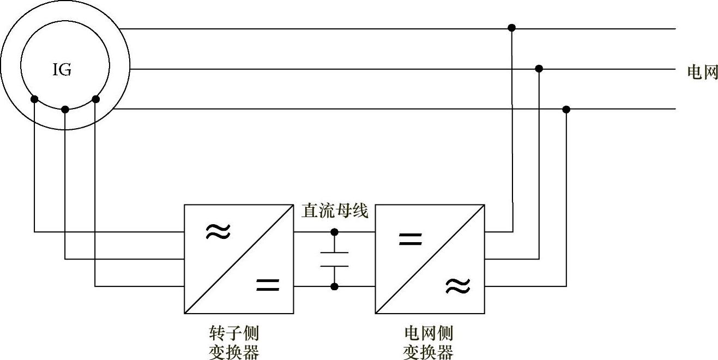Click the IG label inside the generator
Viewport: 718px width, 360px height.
(62, 70)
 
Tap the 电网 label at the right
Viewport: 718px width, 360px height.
(702, 72)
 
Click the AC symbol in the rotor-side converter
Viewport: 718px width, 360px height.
(218, 232)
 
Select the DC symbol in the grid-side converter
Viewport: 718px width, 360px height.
(411, 238)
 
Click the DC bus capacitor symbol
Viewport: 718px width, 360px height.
(334, 259)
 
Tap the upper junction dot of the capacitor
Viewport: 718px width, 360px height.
(334, 232)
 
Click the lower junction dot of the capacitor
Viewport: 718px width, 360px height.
(334, 286)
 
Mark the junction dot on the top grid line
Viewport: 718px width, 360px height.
(511, 27)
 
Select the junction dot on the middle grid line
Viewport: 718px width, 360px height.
(539, 68)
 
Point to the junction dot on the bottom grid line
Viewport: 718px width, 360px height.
(566, 110)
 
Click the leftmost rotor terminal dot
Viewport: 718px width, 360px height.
(34, 99)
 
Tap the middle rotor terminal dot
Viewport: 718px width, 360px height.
(65, 110)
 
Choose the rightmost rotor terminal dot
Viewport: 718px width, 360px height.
(96, 99)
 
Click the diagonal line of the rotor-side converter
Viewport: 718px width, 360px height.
(239, 259)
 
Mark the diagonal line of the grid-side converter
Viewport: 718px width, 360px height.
(430, 259)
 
